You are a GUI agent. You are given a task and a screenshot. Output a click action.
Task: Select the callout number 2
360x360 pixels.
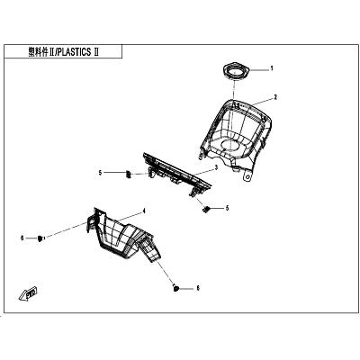[275, 97]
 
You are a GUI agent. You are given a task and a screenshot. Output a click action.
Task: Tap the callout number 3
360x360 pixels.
[216, 168]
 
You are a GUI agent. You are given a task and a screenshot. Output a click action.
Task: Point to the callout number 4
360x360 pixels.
[144, 211]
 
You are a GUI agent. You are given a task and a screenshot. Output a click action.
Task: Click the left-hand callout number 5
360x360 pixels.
[100, 173]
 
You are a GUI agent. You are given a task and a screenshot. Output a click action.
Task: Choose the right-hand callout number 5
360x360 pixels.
[227, 208]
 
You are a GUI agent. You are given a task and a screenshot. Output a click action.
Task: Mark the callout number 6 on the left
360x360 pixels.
[22, 238]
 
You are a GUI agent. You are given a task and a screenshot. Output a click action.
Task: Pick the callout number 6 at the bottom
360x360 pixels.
[198, 288]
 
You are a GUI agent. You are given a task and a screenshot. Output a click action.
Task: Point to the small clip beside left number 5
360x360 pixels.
[128, 174]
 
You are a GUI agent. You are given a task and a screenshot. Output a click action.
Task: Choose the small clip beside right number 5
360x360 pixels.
[206, 210]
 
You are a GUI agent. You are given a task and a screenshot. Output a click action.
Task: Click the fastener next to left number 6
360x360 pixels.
[40, 238]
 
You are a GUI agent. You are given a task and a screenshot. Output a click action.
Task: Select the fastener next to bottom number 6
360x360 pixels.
[175, 288]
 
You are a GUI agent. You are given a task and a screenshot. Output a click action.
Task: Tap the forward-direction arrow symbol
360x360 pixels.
[29, 293]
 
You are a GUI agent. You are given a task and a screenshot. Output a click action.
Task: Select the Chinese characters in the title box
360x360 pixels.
[38, 52]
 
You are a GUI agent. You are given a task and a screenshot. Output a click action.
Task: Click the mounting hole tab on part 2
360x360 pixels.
[247, 176]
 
